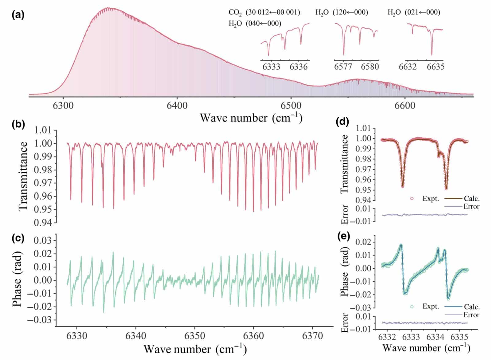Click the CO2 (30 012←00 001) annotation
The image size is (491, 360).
click(264, 13)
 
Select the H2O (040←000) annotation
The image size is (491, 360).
click(255, 24)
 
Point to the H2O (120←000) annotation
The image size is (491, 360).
click(342, 13)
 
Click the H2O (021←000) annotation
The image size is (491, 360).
click(414, 13)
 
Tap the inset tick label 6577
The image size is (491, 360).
click(343, 67)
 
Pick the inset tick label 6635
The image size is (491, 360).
click(435, 67)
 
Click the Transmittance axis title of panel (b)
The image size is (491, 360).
click(23, 176)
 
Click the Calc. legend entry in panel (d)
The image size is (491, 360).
click(471, 198)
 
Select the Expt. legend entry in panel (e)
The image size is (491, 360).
click(431, 306)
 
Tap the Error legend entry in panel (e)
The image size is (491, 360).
click(471, 315)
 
